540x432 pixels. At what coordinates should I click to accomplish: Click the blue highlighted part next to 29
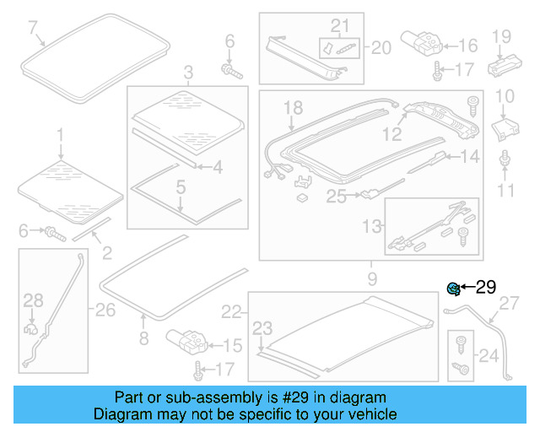click(x=453, y=289)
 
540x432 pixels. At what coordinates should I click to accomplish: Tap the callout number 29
click(x=486, y=288)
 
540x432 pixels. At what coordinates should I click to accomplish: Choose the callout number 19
click(x=502, y=35)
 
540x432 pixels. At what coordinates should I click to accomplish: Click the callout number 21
click(x=339, y=24)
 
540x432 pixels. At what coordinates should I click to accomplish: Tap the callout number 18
click(x=292, y=107)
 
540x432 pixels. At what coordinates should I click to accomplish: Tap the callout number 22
click(x=231, y=312)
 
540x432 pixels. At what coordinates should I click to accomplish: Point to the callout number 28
click(x=32, y=300)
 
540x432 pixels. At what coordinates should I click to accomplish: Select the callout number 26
click(x=105, y=310)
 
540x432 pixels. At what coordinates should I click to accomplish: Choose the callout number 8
click(x=143, y=338)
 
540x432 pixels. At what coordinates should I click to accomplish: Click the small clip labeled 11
click(x=505, y=159)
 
